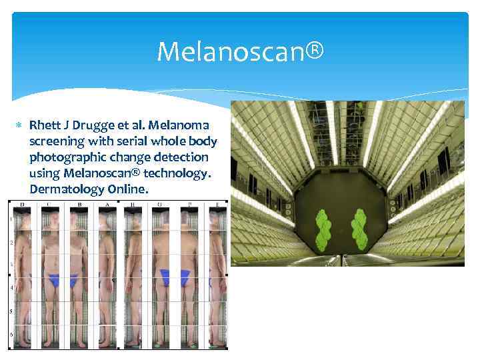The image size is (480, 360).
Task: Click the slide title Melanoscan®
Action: pyautogui.click(x=241, y=51)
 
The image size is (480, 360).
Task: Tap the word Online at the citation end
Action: pyautogui.click(x=127, y=189)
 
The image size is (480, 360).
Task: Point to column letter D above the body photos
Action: pyautogui.click(x=21, y=204)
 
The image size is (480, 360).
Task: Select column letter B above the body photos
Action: pyautogui.click(x=79, y=204)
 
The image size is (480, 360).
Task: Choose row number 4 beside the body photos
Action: pyautogui.click(x=11, y=288)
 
